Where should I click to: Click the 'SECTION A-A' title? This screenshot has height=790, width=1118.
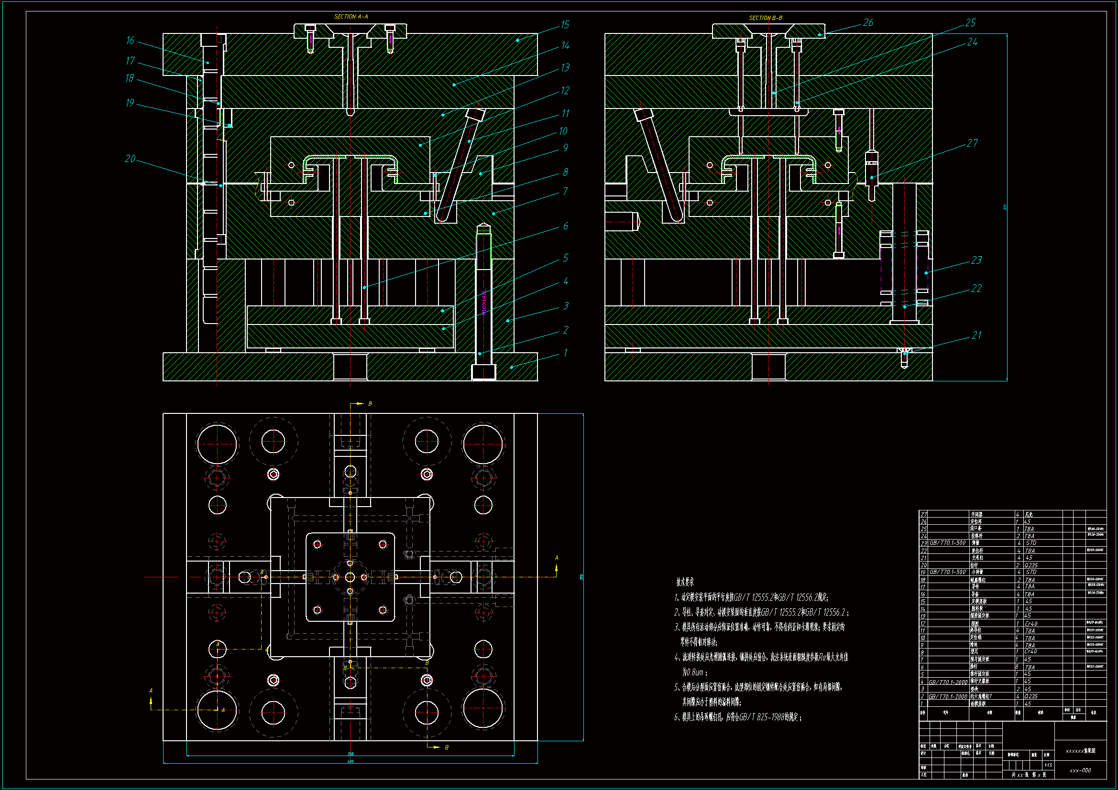351,17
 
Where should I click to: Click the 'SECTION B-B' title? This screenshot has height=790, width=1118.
766,18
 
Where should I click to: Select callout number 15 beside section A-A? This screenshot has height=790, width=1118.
565,24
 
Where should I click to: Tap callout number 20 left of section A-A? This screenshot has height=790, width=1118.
130,159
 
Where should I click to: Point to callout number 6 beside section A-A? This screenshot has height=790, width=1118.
565,226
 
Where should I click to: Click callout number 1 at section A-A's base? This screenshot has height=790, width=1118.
565,352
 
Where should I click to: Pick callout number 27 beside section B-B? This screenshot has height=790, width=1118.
972,142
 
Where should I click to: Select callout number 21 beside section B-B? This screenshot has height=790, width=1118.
976,335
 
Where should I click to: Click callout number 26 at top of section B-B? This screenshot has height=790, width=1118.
868,22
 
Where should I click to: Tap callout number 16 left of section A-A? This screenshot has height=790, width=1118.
130,41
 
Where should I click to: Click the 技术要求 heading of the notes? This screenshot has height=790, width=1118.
685,582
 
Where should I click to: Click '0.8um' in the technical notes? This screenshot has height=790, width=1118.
693,672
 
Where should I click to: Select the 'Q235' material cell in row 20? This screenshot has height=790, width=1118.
1030,565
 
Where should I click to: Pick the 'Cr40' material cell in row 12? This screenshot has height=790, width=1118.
1030,623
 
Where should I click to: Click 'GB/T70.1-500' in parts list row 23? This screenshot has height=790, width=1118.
947,543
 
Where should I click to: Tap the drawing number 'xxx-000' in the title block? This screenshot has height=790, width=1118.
1080,770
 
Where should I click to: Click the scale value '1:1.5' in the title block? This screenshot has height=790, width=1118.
1048,765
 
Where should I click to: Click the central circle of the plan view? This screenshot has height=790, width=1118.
350,577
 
